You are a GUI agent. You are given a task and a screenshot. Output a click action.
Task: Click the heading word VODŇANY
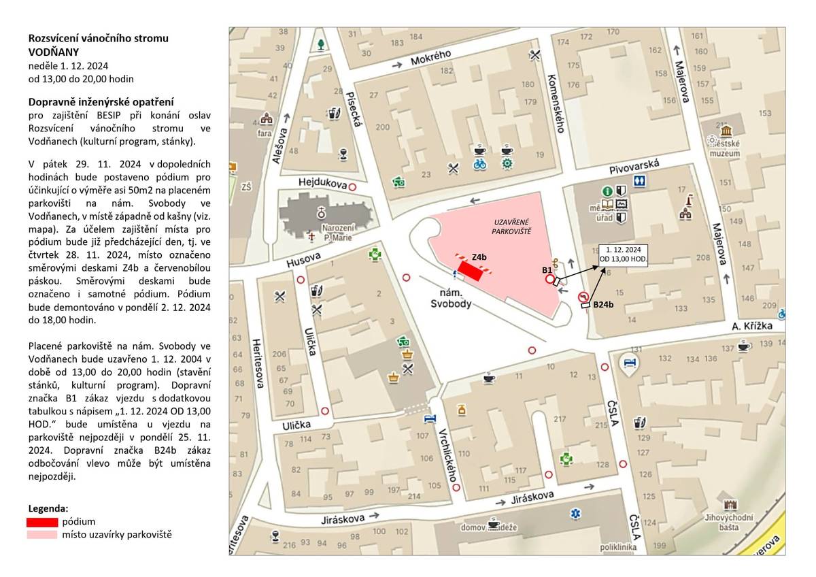tap(54, 51)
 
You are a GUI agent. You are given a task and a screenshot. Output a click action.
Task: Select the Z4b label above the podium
tap(479, 257)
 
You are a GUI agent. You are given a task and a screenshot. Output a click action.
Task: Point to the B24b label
tap(603, 305)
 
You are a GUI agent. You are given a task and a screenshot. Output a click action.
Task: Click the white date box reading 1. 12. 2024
tap(624, 254)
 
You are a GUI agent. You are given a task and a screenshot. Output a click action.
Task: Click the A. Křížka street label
tap(753, 326)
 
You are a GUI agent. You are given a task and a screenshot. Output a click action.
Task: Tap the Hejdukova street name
tap(323, 184)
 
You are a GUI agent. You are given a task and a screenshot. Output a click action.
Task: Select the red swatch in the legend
tap(41, 522)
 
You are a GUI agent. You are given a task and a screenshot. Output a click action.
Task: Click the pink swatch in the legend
tap(41, 535)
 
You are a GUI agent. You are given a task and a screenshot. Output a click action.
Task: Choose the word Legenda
tap(48, 508)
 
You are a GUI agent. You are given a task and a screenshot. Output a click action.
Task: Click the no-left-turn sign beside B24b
tap(583, 297)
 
